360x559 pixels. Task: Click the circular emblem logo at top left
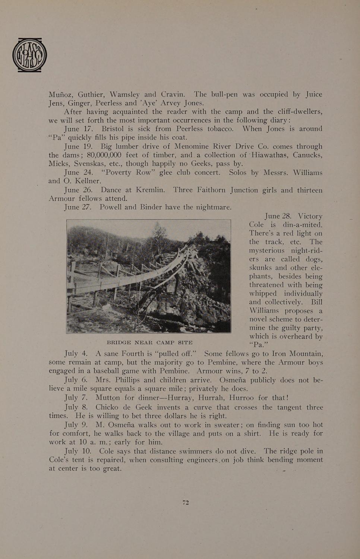click(x=29, y=55)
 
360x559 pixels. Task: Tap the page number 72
click(x=186, y=502)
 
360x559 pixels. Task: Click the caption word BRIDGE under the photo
click(x=119, y=342)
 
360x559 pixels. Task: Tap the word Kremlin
click(x=150, y=190)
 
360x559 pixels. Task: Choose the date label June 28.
click(x=278, y=216)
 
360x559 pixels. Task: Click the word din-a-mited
click(x=302, y=225)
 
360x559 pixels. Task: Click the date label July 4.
click(x=76, y=353)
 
